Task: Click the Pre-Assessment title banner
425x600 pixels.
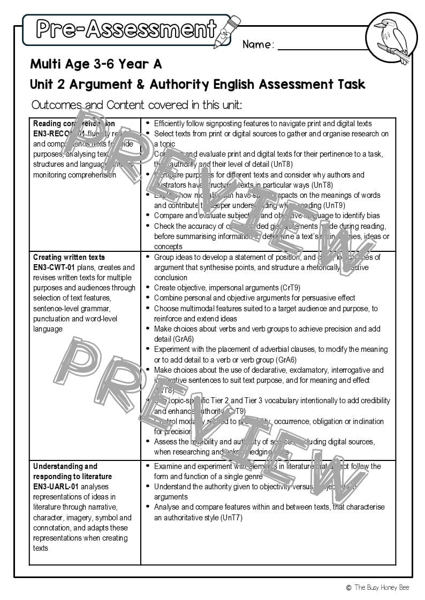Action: coord(126,29)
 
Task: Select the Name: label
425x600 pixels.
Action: coord(258,44)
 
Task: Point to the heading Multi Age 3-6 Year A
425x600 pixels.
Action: coord(96,64)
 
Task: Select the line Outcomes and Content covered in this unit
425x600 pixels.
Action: coord(136,104)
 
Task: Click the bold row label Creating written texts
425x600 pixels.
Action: coord(69,257)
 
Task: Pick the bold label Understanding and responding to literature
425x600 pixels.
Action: coord(72,471)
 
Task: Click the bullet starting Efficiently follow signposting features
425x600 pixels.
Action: coord(263,124)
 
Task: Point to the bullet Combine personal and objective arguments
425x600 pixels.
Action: coord(254,298)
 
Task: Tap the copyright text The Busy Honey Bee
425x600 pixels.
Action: coord(380,587)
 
